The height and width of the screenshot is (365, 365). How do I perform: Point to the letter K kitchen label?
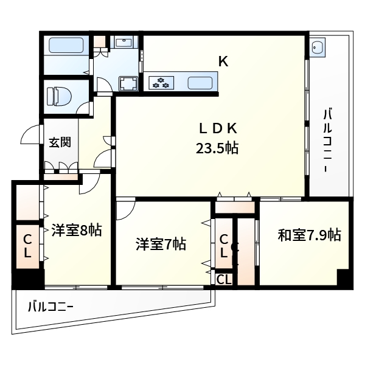[x=223, y=61]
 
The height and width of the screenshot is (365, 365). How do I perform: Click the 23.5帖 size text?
[x=217, y=147]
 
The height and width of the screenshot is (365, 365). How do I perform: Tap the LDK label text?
[x=218, y=128]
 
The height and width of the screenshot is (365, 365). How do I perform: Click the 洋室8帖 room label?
[x=75, y=230]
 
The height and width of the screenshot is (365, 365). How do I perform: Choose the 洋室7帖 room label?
[x=161, y=245]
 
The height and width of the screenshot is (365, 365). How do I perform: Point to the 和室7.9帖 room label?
[x=309, y=235]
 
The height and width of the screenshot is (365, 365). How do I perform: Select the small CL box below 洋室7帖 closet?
[x=224, y=280]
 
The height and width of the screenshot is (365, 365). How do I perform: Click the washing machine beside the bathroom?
[x=128, y=83]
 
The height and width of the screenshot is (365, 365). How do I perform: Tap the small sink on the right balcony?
[x=318, y=47]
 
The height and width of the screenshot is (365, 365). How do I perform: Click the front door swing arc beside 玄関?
[x=29, y=135]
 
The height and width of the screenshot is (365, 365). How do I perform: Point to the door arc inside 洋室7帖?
[x=126, y=210]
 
